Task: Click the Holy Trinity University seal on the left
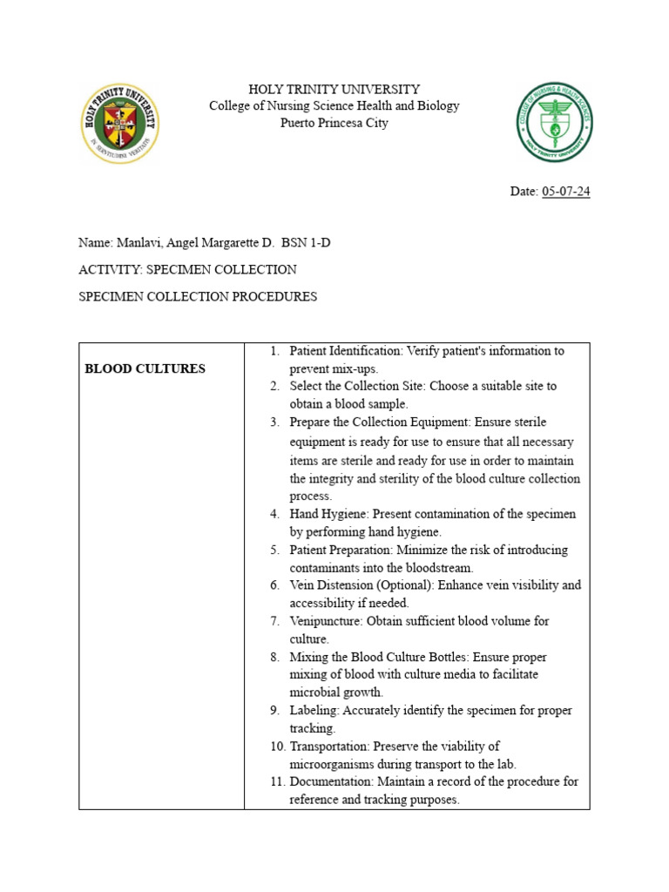pyautogui.click(x=119, y=124)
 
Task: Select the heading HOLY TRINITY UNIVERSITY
pyautogui.click(x=334, y=89)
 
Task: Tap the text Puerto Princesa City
pyautogui.click(x=334, y=123)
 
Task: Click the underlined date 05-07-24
pyautogui.click(x=565, y=192)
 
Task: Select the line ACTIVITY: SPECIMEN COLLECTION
pyautogui.click(x=187, y=269)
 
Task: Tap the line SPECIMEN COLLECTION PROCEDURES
pyautogui.click(x=198, y=296)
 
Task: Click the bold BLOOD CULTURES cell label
pyautogui.click(x=145, y=368)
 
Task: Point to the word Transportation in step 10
pyautogui.click(x=328, y=747)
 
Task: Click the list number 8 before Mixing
pyautogui.click(x=274, y=657)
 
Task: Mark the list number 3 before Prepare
pyautogui.click(x=274, y=422)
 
